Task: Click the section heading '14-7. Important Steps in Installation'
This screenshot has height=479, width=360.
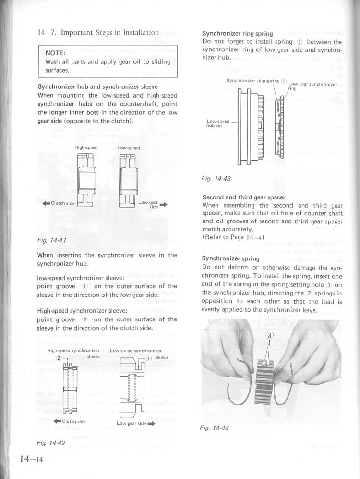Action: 98,33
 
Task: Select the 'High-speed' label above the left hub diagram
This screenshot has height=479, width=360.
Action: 86,148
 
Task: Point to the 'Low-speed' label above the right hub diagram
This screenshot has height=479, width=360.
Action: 129,148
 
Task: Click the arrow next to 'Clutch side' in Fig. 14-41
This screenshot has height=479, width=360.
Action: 47,203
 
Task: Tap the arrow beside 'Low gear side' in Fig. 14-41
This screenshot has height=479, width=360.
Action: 164,204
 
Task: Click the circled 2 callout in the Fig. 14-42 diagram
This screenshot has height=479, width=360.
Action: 59,358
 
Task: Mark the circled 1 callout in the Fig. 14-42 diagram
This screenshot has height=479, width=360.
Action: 149,358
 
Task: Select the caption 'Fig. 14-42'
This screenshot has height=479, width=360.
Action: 51,442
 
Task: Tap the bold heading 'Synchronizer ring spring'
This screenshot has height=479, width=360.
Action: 237,34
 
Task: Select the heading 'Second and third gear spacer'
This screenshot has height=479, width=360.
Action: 244,197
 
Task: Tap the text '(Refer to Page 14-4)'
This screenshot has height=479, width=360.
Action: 233,237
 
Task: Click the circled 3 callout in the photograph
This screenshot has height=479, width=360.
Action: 269,336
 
